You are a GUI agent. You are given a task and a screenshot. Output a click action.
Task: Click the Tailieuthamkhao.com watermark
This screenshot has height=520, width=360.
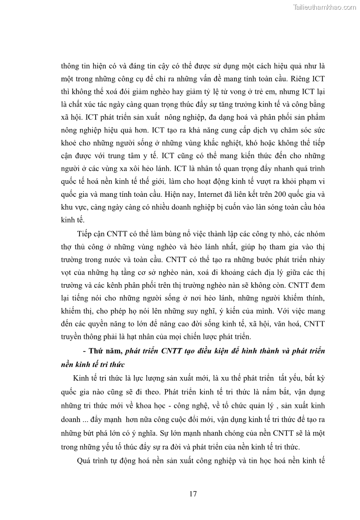coord(324,7)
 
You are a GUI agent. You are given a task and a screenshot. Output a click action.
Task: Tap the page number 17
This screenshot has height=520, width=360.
coord(193,494)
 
